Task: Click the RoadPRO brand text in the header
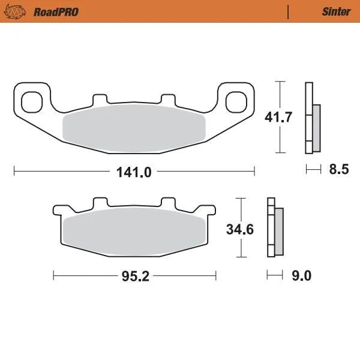(56, 11)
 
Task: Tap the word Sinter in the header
(336, 11)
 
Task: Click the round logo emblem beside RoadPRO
(20, 11)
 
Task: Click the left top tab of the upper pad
(99, 99)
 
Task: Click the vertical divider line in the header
(289, 11)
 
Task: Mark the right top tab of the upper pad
(167, 99)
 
